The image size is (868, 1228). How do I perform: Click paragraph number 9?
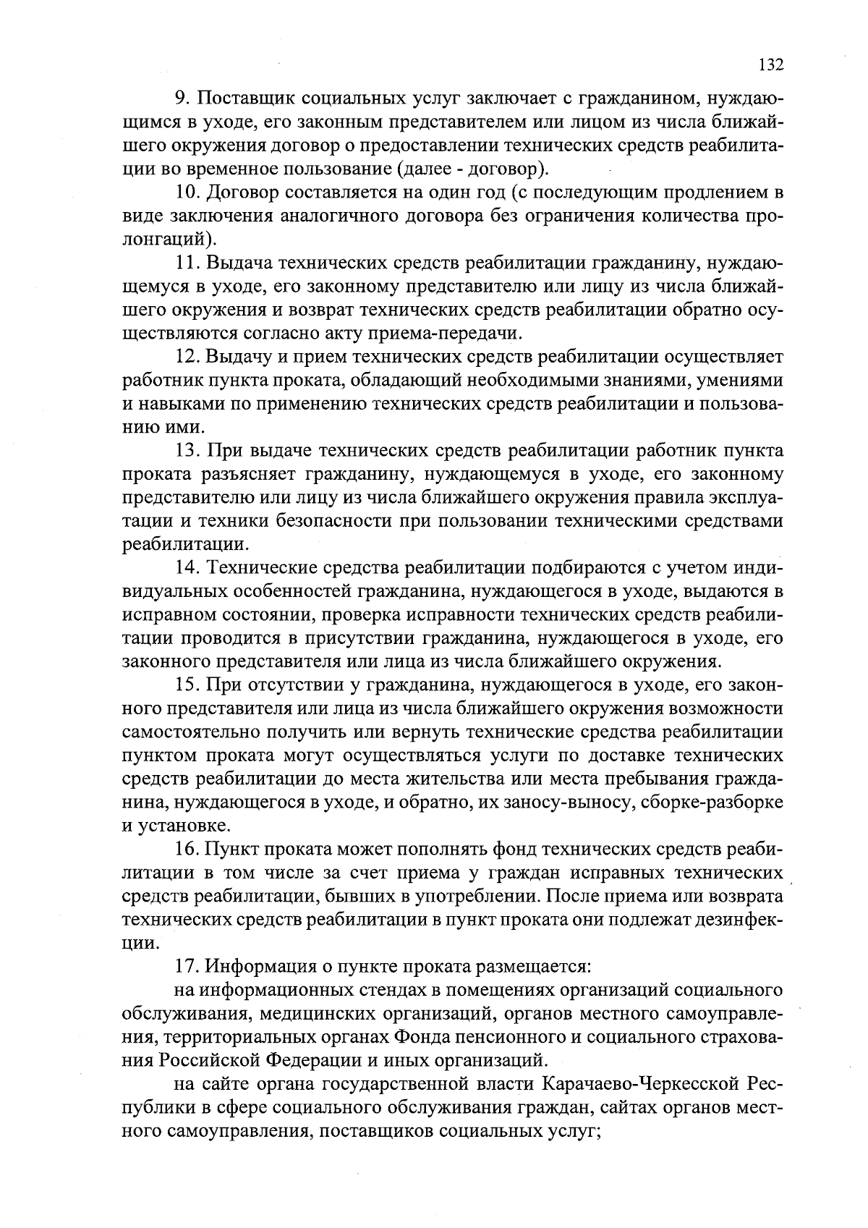(x=183, y=98)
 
